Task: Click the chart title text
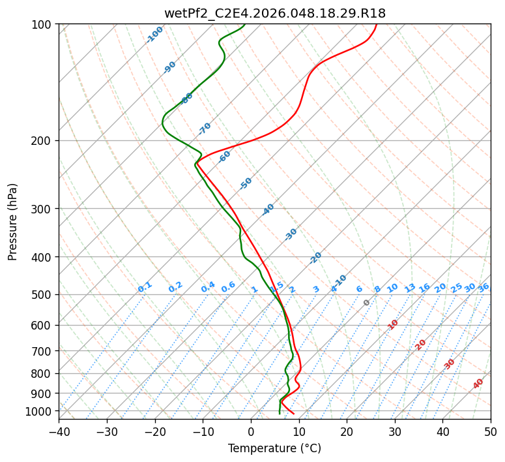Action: click(x=274, y=12)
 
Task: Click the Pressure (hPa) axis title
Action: click(x=13, y=221)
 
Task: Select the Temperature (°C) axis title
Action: click(x=274, y=449)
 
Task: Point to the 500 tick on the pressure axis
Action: click(x=43, y=294)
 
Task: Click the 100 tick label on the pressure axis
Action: click(x=43, y=25)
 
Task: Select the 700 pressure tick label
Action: click(x=43, y=351)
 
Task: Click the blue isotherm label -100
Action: click(x=154, y=34)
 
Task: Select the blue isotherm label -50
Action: click(x=246, y=183)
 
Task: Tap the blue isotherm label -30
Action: click(x=291, y=234)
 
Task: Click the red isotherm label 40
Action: click(x=478, y=384)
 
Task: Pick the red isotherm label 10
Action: click(x=393, y=324)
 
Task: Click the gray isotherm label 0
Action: click(x=367, y=303)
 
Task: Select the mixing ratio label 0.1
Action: click(x=145, y=286)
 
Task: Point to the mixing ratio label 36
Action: click(x=483, y=287)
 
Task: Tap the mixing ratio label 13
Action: click(x=410, y=288)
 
